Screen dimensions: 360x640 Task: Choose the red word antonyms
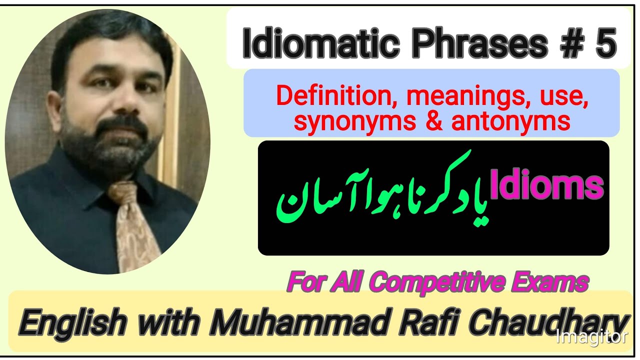(510, 121)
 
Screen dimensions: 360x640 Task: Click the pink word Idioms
(547, 186)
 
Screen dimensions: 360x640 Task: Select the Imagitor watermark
(592, 336)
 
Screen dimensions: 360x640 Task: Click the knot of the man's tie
(122, 192)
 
